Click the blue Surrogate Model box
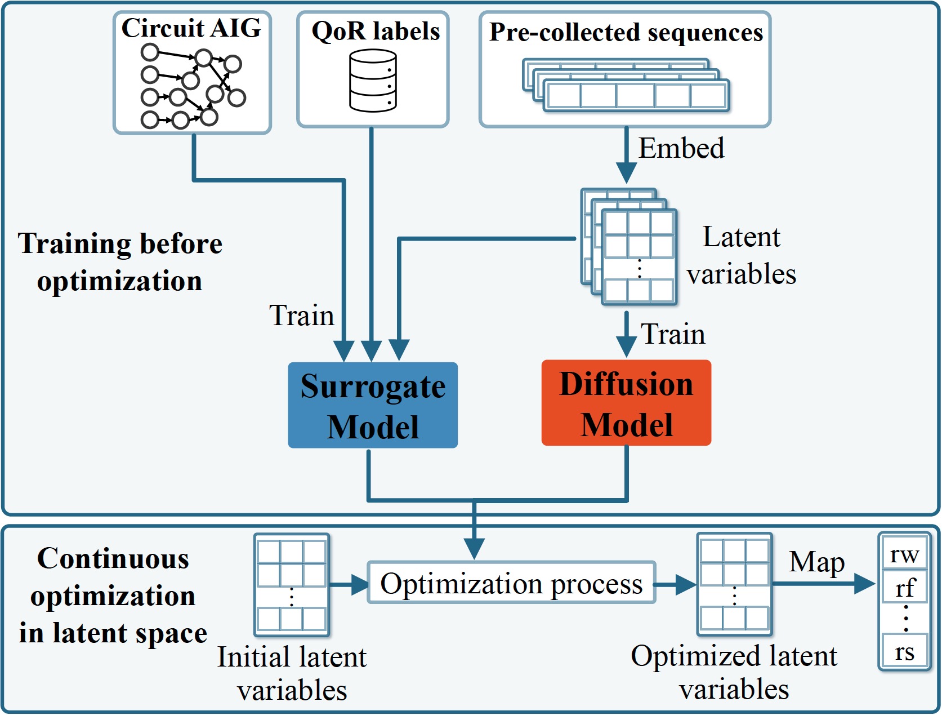click(x=372, y=405)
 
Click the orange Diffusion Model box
click(x=626, y=403)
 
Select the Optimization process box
click(x=511, y=583)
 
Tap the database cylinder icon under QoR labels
click(x=373, y=81)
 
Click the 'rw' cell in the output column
click(x=904, y=554)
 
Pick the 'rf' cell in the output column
click(x=904, y=588)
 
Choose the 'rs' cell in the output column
click(x=904, y=651)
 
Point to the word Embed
click(x=681, y=148)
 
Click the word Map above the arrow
click(x=816, y=562)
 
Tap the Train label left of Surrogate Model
click(x=301, y=315)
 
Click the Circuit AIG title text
click(x=191, y=28)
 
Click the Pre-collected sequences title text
click(x=626, y=32)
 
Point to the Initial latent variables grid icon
click(x=291, y=584)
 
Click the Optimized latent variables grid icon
click(x=734, y=584)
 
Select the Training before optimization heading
click(x=119, y=262)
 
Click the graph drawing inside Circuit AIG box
click(x=191, y=86)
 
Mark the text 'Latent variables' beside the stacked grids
click(x=741, y=255)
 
